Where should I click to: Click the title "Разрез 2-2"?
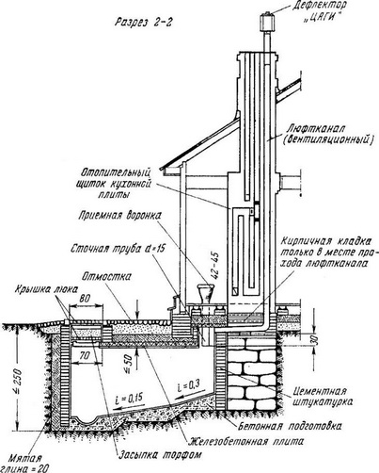(144, 23)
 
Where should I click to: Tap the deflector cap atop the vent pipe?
(267, 22)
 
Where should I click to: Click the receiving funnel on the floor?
(205, 294)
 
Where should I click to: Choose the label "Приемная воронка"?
(120, 216)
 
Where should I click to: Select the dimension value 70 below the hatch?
(85, 355)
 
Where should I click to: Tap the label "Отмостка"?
(106, 277)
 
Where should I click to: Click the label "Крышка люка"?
(45, 289)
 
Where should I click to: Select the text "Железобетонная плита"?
(246, 441)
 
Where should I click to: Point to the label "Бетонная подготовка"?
(290, 426)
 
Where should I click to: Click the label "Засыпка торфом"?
(160, 454)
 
